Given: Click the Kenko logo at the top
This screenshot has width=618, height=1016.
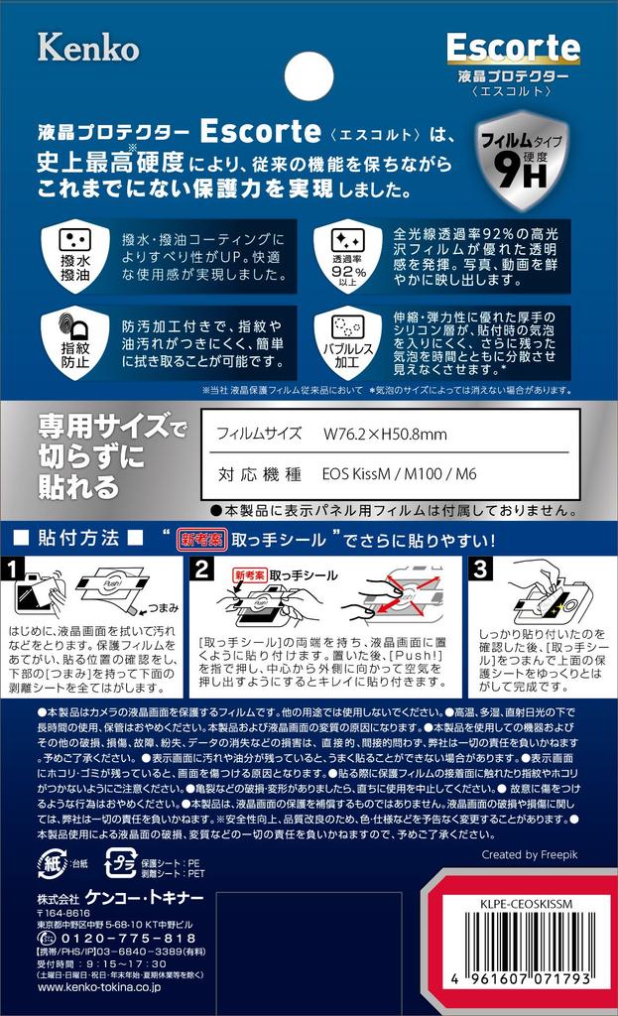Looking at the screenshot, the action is (88, 48).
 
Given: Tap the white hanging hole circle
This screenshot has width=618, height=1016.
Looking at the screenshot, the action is (309, 76).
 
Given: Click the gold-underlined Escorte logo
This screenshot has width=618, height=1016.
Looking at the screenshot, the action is (513, 48).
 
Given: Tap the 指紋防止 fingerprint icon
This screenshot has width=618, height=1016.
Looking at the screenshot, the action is (75, 342).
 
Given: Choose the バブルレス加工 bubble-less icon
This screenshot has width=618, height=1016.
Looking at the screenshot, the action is (348, 342).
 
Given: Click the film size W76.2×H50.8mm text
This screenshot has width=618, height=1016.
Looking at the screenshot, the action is (385, 435).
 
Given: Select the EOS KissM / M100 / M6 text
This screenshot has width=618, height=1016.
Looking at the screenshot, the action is (399, 473).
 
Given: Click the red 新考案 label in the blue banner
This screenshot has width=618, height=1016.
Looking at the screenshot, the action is (202, 539).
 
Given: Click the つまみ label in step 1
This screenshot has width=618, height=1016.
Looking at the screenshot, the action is (164, 608).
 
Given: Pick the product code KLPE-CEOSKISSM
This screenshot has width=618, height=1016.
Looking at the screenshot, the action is (526, 904).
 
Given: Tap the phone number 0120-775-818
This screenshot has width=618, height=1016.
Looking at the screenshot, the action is (128, 939).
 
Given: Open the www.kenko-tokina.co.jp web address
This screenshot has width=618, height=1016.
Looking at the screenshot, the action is (98, 987).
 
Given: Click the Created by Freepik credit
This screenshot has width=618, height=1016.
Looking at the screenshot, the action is (530, 854).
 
